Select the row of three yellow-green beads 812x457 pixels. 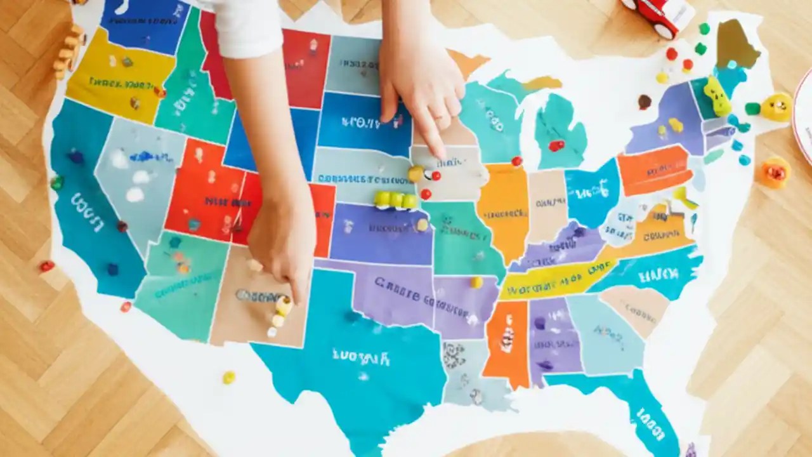395,200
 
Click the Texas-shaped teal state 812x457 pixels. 355,362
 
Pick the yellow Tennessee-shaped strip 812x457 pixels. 552,279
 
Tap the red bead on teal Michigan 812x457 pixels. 556,145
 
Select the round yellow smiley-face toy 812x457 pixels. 776,107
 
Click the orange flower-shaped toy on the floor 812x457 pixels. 775,172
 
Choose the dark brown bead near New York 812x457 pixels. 645,101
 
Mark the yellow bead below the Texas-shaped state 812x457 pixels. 228,377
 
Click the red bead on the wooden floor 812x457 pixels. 47,266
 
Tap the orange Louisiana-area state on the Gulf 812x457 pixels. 506,343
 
